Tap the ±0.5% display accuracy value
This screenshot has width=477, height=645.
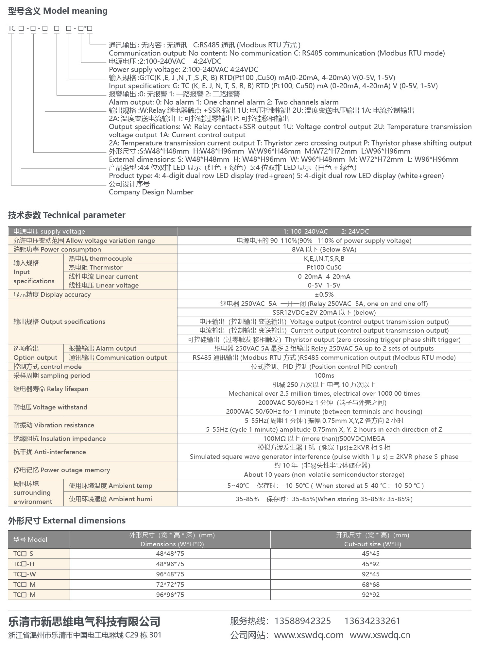324,294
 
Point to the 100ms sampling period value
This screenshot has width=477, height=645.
324,375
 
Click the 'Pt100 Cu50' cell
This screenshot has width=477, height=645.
324,267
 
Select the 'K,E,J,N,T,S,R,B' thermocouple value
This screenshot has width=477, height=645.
324,258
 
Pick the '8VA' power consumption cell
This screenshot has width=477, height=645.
324,249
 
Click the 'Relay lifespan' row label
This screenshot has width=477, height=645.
51,389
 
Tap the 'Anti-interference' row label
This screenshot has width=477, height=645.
49,452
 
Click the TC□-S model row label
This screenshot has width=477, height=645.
23,554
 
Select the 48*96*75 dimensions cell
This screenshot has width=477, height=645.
170,564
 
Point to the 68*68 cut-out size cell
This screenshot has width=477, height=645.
370,584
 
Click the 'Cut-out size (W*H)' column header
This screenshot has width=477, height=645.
372,544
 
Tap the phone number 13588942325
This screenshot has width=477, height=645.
302,621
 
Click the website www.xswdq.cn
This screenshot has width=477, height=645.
380,635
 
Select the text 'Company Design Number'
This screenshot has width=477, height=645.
151,192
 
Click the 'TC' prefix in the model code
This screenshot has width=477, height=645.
12,28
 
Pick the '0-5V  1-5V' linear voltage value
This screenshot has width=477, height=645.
324,285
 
